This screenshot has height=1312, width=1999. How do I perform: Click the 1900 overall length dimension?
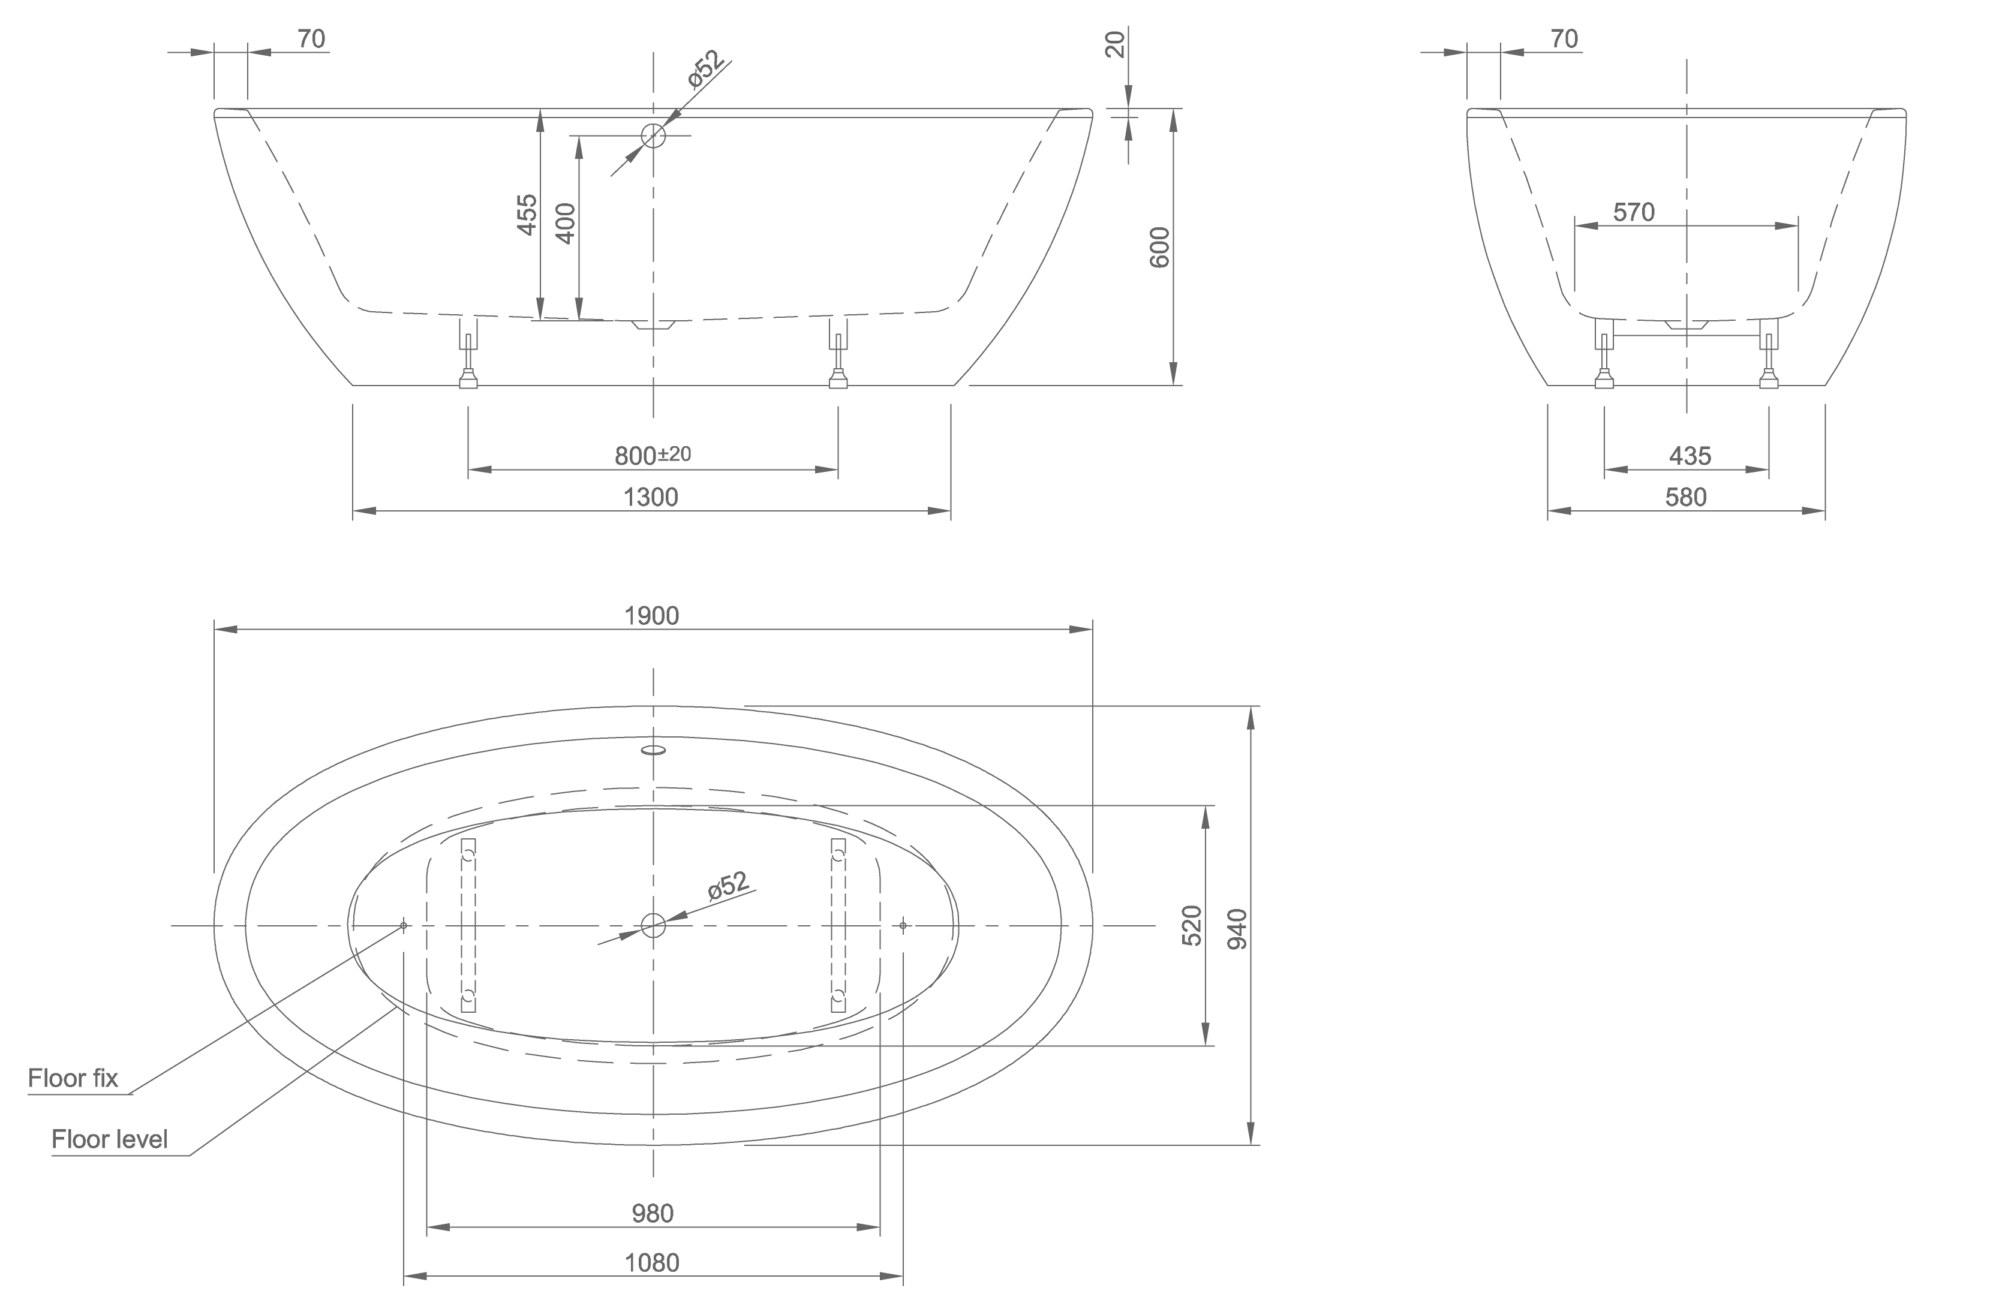click(652, 616)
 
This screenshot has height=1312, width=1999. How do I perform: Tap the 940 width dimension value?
click(1238, 929)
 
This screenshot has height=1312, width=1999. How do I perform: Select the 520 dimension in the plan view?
click(1192, 926)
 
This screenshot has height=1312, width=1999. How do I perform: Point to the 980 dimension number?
click(653, 1213)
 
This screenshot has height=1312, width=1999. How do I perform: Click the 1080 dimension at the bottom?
click(653, 1262)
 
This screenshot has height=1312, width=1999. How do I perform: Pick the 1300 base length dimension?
click(651, 497)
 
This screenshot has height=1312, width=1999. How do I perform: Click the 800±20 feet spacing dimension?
click(653, 455)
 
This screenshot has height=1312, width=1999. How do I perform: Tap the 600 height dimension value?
click(1159, 247)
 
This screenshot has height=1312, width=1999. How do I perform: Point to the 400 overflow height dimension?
click(566, 224)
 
